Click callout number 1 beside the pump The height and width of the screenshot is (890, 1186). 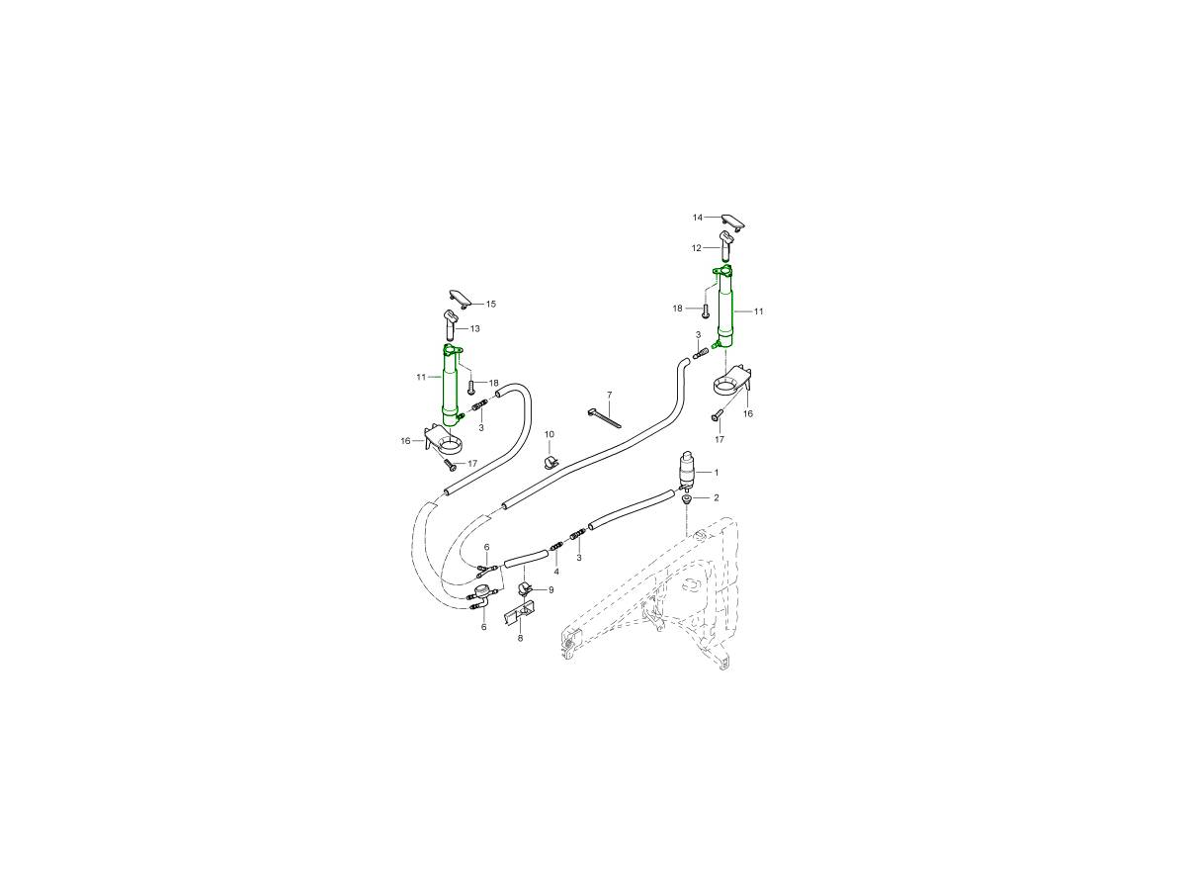coord(717,473)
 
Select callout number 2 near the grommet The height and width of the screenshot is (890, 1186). coord(717,497)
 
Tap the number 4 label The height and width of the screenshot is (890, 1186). coord(556,572)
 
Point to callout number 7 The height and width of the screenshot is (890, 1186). coord(610,395)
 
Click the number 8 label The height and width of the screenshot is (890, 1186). coord(520,638)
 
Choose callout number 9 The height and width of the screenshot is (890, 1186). coord(551,590)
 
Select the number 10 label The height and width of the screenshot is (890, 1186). coord(549,434)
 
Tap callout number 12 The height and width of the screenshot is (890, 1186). coord(697,248)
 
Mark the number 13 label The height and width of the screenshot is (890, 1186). coord(475,328)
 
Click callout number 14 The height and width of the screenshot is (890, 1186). coord(698,218)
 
